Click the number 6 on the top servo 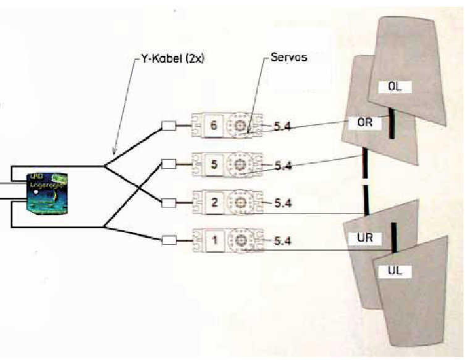214,126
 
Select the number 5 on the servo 214,165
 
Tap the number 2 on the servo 214,202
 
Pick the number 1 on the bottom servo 214,240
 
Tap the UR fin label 364,237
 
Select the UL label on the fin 395,270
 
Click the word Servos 289,57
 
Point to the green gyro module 47,192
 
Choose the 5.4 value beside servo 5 283,165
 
